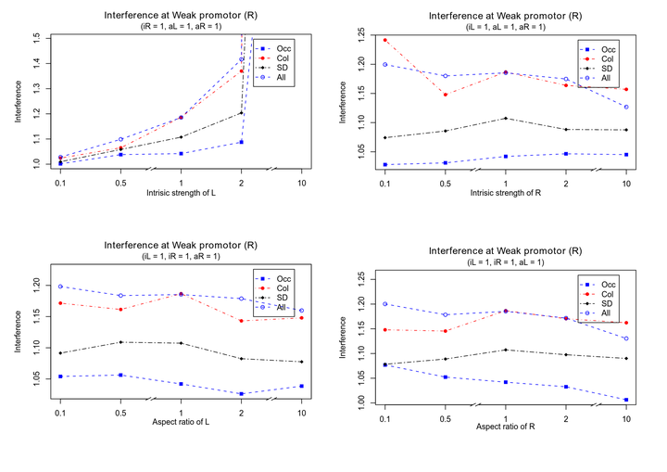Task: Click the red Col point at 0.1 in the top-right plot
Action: click(384, 40)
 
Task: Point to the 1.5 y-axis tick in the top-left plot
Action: click(36, 38)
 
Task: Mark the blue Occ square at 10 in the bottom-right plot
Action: click(626, 400)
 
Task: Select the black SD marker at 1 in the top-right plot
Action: click(506, 118)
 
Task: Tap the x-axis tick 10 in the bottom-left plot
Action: click(301, 413)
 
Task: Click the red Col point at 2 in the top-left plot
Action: click(241, 70)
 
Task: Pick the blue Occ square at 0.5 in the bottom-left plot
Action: click(120, 375)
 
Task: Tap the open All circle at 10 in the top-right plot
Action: click(626, 107)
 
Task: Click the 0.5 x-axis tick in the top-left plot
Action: click(120, 181)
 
